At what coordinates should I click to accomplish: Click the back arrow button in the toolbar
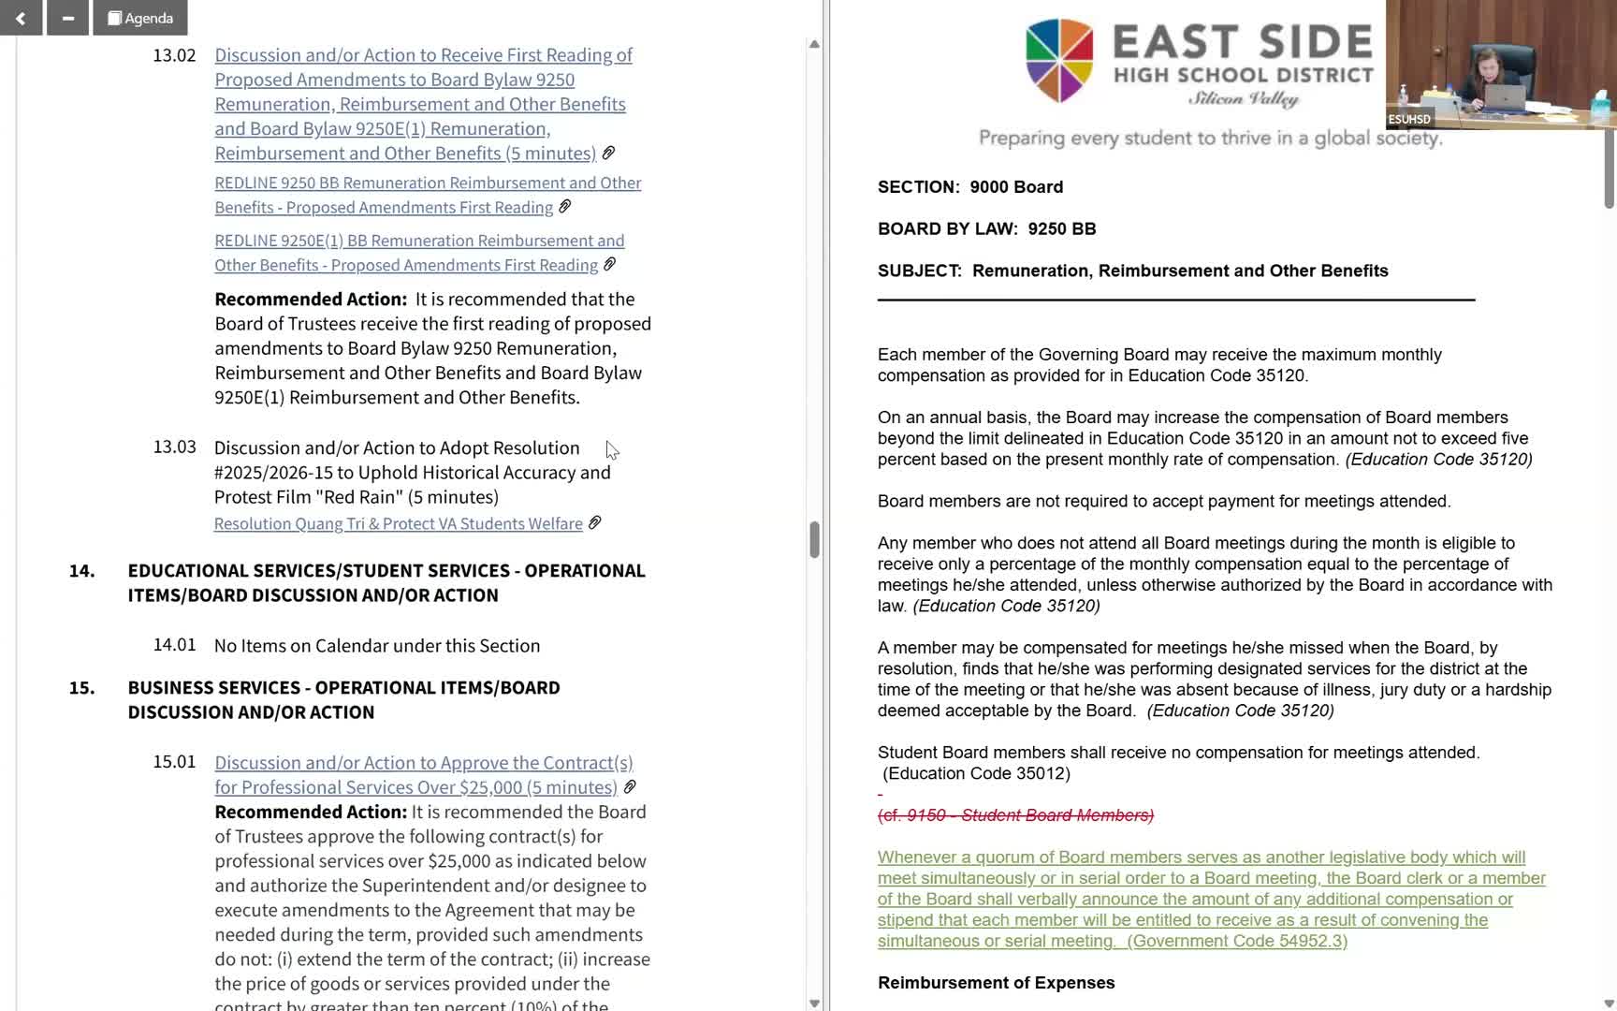coord(21,18)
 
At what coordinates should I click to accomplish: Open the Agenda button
coord(140,18)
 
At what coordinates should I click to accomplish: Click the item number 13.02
coord(174,55)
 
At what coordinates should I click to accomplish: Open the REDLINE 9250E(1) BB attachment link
coord(418,253)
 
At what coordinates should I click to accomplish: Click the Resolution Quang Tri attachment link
coord(398,524)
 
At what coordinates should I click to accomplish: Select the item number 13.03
coord(174,447)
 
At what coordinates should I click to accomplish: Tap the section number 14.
coord(81,571)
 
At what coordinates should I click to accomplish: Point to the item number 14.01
coord(174,645)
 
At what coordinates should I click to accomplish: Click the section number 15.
coord(81,688)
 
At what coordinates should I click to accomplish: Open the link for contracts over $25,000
coord(423,775)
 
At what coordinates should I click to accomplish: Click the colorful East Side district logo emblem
coord(1059,60)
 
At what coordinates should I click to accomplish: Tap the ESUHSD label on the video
coord(1409,120)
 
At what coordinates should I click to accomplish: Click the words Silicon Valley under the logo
coord(1243,99)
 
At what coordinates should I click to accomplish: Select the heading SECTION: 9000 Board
coord(969,187)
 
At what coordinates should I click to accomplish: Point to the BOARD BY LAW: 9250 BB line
coord(986,229)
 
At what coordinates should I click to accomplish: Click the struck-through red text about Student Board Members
coord(1015,815)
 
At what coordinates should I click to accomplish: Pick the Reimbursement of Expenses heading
coord(996,983)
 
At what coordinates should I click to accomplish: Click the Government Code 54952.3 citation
coord(1237,942)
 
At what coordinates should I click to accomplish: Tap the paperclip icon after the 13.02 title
coord(608,153)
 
